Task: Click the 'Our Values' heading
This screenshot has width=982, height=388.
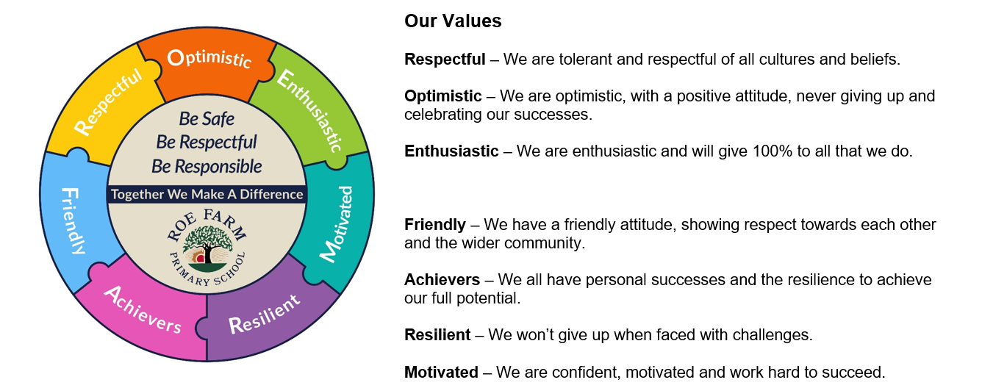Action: (x=453, y=21)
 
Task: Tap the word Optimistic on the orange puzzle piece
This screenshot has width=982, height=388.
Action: (x=209, y=59)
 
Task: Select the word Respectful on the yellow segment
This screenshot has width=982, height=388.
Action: (x=108, y=101)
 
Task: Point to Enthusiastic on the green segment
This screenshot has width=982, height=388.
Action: (x=309, y=110)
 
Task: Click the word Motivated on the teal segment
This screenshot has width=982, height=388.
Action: (x=336, y=224)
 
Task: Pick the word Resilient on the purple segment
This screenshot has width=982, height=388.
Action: (x=265, y=314)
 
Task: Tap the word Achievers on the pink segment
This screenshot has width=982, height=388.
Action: (x=143, y=309)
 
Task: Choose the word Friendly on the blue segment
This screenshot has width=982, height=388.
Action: (x=72, y=221)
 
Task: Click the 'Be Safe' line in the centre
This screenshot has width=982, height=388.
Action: (x=207, y=119)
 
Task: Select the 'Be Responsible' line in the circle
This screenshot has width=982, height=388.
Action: (x=207, y=167)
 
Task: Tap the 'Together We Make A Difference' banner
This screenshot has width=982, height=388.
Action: (x=207, y=194)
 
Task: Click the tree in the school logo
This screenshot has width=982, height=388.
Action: (x=207, y=244)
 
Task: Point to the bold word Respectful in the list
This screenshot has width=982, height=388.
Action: (x=445, y=60)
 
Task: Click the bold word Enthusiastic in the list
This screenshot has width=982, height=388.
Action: (x=451, y=151)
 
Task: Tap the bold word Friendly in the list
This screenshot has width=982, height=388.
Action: (x=435, y=225)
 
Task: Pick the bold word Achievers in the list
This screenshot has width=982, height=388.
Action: (x=442, y=280)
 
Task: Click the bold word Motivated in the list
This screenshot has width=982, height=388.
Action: (x=441, y=373)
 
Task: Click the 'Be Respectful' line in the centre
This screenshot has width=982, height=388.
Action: (x=207, y=143)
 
